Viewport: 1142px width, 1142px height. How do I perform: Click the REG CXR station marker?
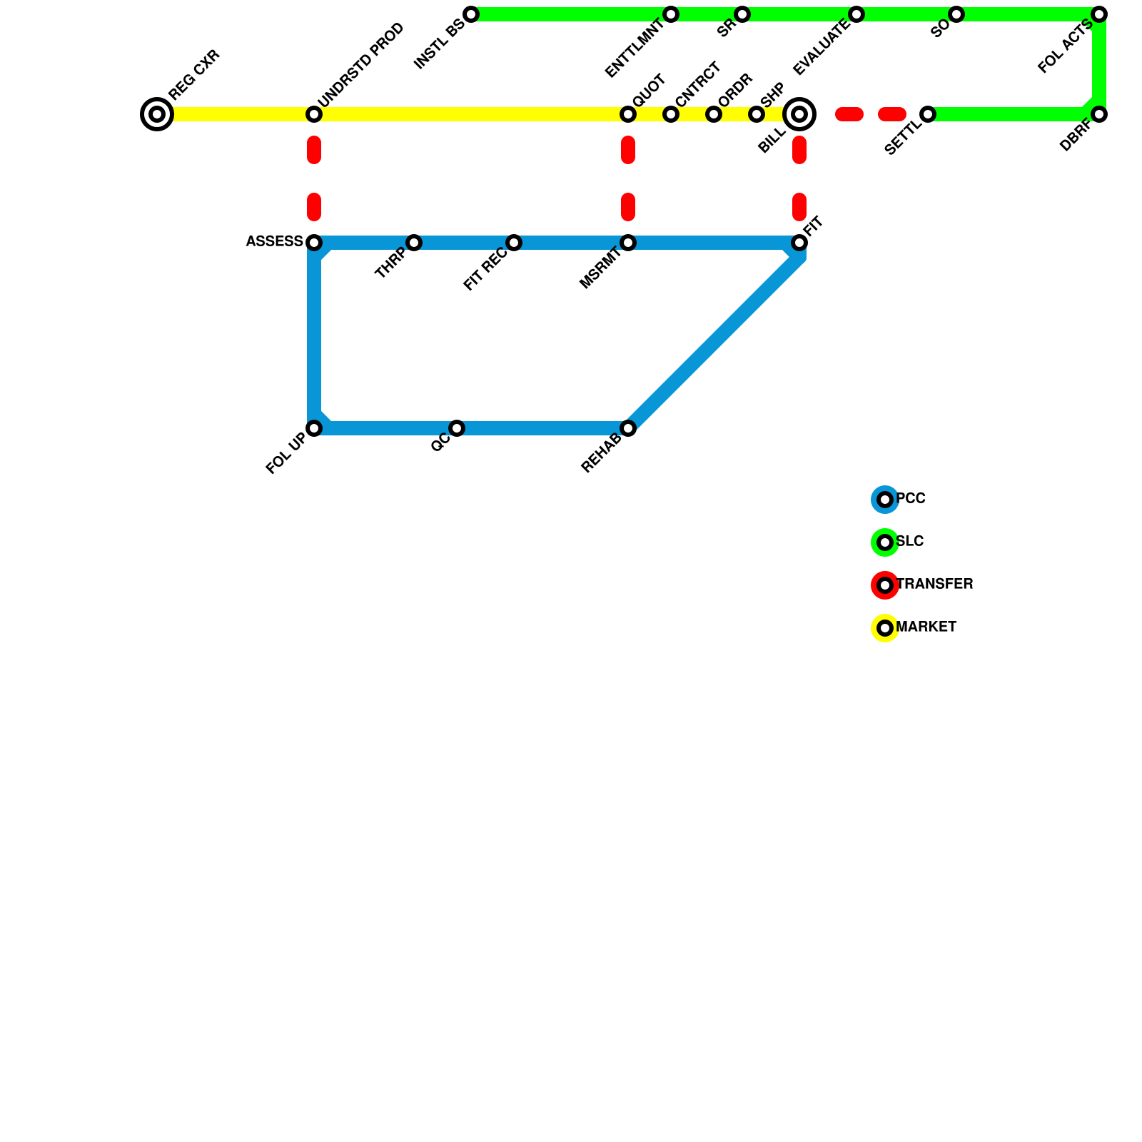pyautogui.click(x=157, y=114)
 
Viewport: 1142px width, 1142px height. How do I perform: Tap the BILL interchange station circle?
pyautogui.click(x=799, y=114)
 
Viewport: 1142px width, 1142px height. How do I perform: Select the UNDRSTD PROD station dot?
pyautogui.click(x=314, y=114)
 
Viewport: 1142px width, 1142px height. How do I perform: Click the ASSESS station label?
pyautogui.click(x=275, y=242)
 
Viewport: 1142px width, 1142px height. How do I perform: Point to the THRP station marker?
pyautogui.click(x=414, y=243)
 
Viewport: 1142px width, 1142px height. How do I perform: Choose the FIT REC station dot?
pyautogui.click(x=514, y=243)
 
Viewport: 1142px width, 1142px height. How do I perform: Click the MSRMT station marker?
pyautogui.click(x=628, y=243)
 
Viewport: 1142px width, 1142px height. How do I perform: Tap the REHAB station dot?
pyautogui.click(x=628, y=428)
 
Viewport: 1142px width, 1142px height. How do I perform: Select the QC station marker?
pyautogui.click(x=457, y=428)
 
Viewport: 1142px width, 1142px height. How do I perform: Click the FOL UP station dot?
pyautogui.click(x=314, y=428)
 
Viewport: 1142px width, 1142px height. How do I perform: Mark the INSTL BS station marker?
pyautogui.click(x=471, y=14)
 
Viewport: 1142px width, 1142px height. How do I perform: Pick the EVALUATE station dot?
pyautogui.click(x=856, y=14)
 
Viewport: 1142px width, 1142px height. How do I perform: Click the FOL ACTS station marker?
pyautogui.click(x=1099, y=14)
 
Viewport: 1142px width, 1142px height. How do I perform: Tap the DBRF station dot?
pyautogui.click(x=1099, y=114)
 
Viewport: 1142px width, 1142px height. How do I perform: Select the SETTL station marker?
pyautogui.click(x=928, y=114)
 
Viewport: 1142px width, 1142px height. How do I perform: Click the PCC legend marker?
pyautogui.click(x=885, y=500)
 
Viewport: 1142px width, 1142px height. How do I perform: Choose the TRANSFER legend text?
pyautogui.click(x=934, y=585)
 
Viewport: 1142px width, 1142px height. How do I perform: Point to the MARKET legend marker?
pyautogui.click(x=885, y=628)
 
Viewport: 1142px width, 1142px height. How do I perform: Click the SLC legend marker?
pyautogui.click(x=885, y=542)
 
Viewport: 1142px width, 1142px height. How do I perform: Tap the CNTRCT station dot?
pyautogui.click(x=671, y=114)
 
